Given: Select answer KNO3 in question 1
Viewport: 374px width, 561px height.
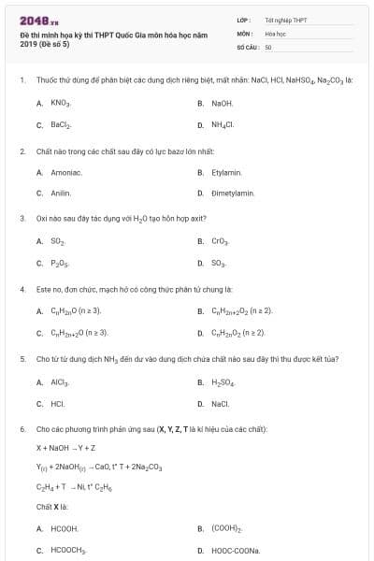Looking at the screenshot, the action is point(61,103).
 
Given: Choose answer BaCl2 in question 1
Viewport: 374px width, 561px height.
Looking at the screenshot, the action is point(61,124).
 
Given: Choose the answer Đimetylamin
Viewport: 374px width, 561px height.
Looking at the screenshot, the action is point(233,194).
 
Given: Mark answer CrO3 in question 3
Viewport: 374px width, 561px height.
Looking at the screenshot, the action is point(222,241).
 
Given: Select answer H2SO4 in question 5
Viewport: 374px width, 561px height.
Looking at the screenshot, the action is point(223,381).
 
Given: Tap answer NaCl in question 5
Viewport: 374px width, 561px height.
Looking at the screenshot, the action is point(221,404).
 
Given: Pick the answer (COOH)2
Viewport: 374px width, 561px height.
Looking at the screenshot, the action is point(226,528).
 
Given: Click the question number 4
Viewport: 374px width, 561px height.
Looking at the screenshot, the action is point(22,289).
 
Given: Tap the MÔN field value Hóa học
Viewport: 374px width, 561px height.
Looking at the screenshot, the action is point(275,33).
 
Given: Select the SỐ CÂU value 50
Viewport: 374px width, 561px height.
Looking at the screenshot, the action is point(268,46).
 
